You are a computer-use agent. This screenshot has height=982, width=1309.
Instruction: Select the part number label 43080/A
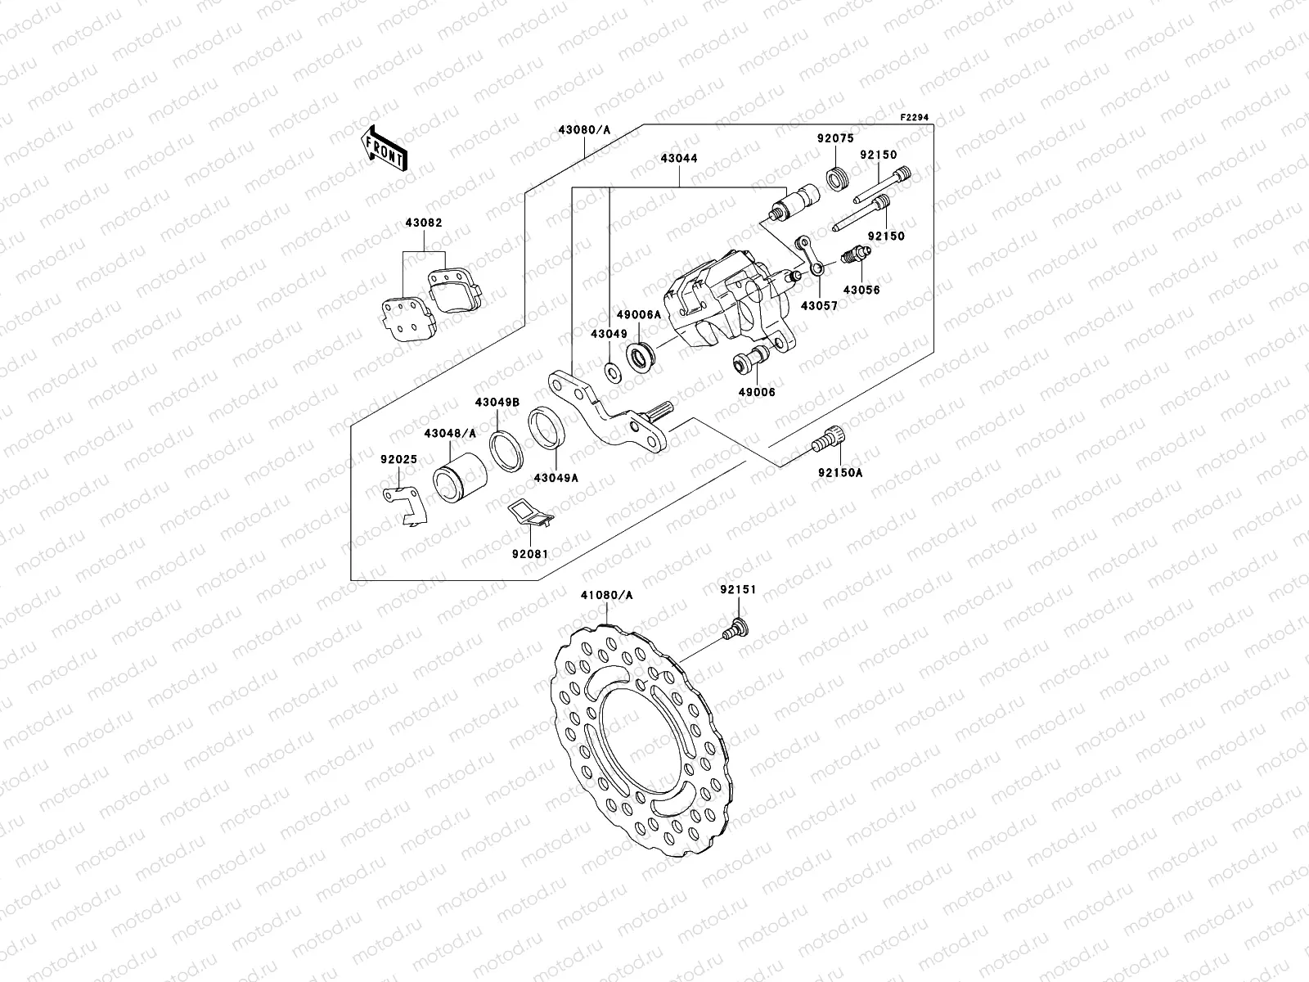pos(584,130)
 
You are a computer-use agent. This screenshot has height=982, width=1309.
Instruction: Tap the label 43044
pos(680,159)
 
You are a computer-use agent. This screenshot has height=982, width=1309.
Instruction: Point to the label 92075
pos(834,138)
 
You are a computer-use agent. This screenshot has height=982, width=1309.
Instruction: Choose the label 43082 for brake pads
pos(424,223)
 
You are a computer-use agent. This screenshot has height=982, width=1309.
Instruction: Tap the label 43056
pos(861,290)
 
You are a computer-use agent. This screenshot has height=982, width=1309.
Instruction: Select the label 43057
pos(819,305)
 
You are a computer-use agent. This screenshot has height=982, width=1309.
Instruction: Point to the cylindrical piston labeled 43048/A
pos(460,475)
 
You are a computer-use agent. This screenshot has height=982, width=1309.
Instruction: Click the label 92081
pos(529,553)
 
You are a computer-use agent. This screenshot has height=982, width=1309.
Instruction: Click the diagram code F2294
pos(916,118)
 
